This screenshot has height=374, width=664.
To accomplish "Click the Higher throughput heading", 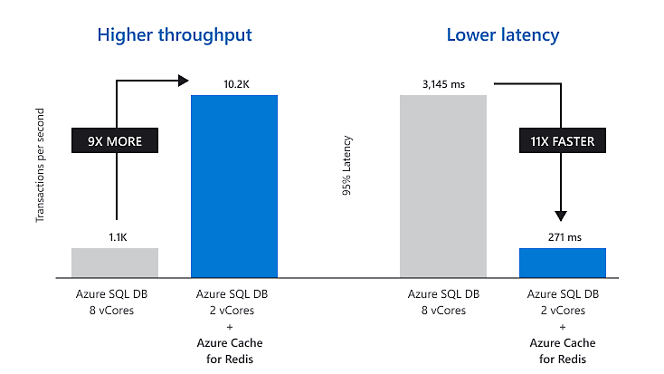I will (175, 35).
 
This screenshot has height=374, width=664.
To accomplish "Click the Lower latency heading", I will (503, 35).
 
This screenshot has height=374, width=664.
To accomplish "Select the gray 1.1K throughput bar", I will (115, 262).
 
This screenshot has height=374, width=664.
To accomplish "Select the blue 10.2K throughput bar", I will (234, 185).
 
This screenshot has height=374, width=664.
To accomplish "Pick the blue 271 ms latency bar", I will (562, 262).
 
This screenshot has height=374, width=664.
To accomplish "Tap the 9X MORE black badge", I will (115, 142).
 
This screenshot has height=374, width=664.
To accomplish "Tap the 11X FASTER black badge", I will (562, 142).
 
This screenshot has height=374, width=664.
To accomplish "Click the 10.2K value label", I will (234, 84).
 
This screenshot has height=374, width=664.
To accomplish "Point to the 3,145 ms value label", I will (443, 84).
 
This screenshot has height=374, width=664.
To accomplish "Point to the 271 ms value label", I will (562, 237).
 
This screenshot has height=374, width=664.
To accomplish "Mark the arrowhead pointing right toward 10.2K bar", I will (180, 80).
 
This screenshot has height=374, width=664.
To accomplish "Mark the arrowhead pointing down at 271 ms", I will (561, 216).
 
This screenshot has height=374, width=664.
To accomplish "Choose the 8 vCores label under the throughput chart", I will (115, 310).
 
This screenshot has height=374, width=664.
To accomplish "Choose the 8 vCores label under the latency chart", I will (443, 310).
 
